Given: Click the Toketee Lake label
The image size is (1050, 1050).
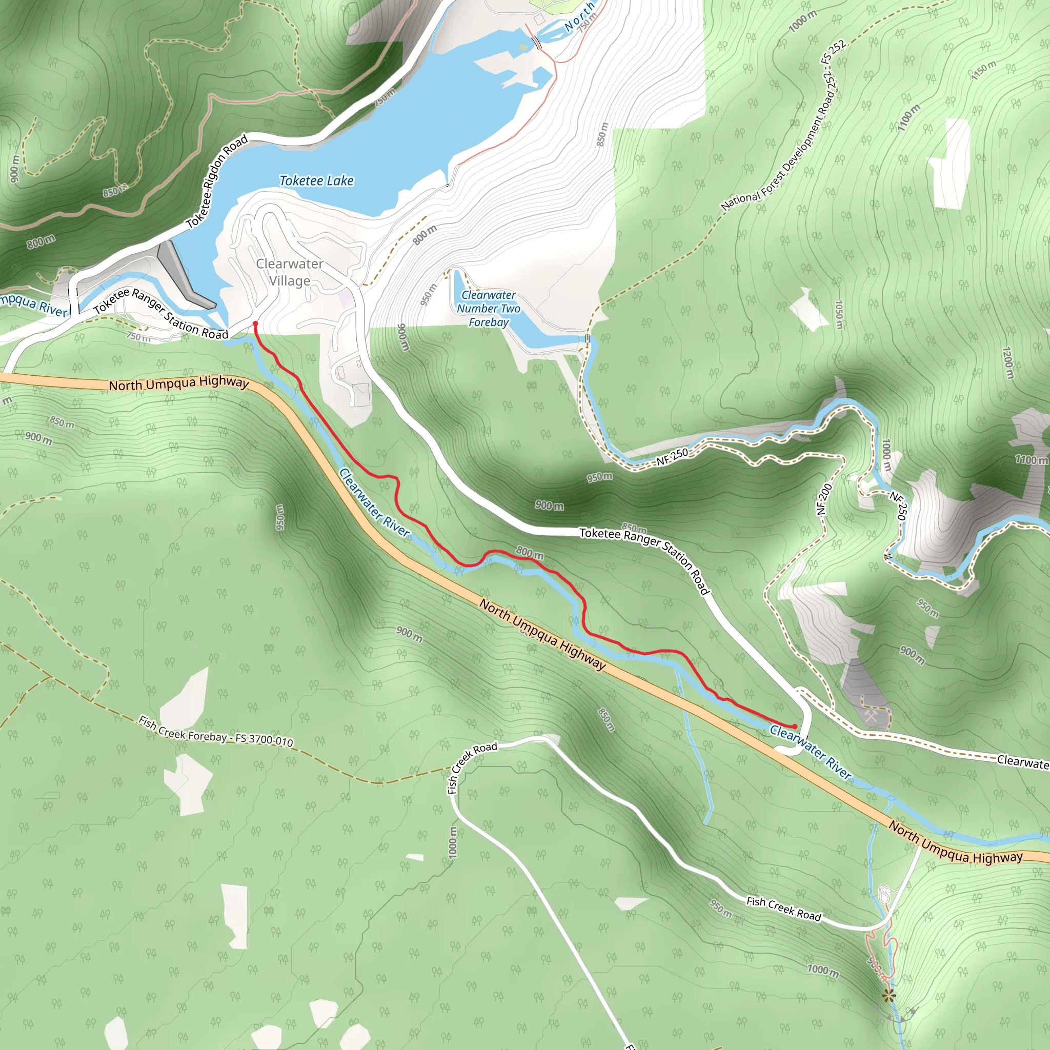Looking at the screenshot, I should coord(316,180).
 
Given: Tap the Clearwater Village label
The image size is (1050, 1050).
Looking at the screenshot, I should coord(290,272).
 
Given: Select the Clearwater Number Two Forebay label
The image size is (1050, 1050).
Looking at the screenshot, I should coord(488,308).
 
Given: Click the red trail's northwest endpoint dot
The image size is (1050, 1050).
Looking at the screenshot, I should coord(255,324).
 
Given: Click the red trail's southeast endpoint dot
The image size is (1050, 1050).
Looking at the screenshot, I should coord(795,726).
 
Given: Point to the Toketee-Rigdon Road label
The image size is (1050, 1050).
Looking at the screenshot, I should coord(217,181).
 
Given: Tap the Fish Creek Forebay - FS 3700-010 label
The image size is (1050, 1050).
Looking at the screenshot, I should coord(216,731).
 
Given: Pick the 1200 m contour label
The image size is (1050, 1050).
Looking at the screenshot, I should coord(1007,363).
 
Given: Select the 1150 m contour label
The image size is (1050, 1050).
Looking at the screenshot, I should coord(984,70).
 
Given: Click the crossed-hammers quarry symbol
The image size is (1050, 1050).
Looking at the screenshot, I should coord(871,716).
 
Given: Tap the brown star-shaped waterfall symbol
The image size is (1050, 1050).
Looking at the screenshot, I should coord(889,996).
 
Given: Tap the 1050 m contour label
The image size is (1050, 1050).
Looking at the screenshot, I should coord(839,315).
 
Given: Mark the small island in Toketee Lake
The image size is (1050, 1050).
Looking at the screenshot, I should coord(523,47).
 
